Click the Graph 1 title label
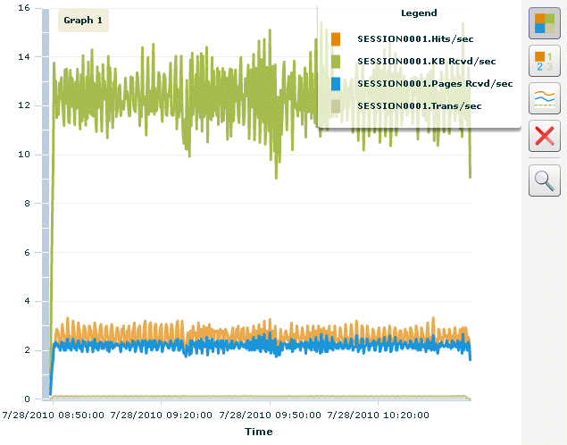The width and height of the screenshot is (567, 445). pos(83,20)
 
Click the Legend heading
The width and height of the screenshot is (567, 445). pos(420,13)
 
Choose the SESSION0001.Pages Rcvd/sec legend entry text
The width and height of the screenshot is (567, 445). pos(434,83)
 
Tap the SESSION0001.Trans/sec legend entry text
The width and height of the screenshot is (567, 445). pos(419,105)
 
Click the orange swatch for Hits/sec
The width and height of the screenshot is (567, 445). pos(336,38)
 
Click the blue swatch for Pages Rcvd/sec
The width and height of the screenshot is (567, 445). pos(336,83)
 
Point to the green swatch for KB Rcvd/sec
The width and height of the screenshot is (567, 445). pos(336,61)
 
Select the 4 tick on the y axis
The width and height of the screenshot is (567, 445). pos(27,301)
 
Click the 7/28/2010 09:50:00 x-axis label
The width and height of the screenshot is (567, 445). pos(270,415)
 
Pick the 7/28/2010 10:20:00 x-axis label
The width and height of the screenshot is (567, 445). pos(379,415)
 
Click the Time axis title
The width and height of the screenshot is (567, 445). pos(258,432)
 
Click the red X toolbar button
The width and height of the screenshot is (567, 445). pos(545,137)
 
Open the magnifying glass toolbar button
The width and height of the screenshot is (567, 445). pos(545,181)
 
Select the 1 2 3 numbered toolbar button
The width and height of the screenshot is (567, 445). pos(545,61)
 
